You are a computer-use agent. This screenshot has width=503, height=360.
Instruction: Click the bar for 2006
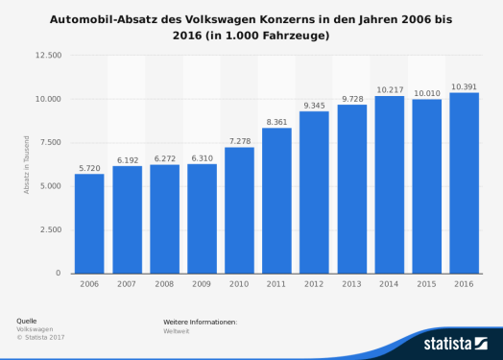(89, 223)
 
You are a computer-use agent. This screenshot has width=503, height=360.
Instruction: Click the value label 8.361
(276, 122)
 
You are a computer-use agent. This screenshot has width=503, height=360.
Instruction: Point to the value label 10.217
(389, 89)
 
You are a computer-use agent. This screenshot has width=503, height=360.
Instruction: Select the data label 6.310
(202, 157)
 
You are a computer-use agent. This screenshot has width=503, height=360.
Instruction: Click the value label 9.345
(314, 105)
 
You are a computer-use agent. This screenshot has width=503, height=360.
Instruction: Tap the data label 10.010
(426, 93)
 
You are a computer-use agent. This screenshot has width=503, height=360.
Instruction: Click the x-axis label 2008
(164, 284)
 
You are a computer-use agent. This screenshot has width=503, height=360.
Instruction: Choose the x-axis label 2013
(351, 284)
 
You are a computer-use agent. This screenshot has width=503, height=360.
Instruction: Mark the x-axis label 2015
(426, 284)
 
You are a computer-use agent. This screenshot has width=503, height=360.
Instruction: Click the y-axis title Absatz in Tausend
(27, 164)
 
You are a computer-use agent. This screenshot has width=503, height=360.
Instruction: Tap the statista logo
(456, 343)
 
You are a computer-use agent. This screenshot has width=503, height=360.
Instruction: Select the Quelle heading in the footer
(28, 320)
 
